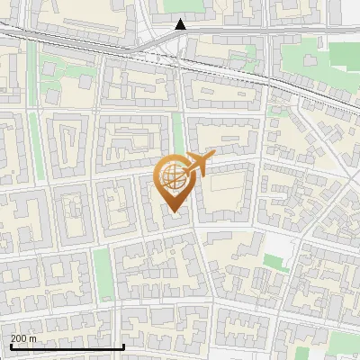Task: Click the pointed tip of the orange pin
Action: [x=173, y=211]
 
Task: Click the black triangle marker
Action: [x=181, y=24]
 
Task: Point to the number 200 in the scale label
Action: [x=18, y=338]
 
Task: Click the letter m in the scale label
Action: [x=32, y=338]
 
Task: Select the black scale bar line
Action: [x=67, y=346]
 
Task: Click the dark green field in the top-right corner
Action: [x=345, y=54]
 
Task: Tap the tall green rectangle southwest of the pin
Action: [x=103, y=273]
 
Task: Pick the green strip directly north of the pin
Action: [x=178, y=135]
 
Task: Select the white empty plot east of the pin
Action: [x=286, y=246]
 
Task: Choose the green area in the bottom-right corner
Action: [x=345, y=342]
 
